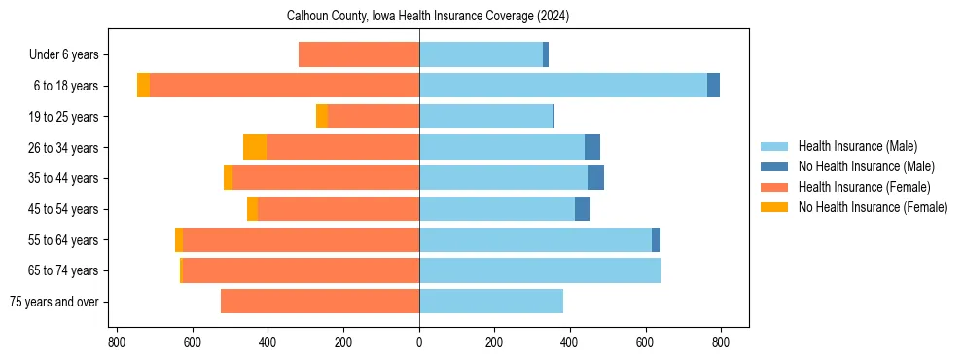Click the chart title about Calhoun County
(428, 17)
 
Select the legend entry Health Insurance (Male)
(857, 146)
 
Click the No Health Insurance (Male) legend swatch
(774, 166)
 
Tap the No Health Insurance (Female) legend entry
(872, 207)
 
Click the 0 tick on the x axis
(419, 342)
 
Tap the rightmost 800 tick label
(721, 342)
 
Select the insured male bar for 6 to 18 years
(563, 86)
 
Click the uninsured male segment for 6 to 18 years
(713, 86)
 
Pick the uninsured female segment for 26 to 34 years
(255, 147)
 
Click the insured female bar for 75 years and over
(320, 302)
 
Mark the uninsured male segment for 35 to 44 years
(596, 178)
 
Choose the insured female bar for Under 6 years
(359, 54)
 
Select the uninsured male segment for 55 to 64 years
(656, 239)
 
